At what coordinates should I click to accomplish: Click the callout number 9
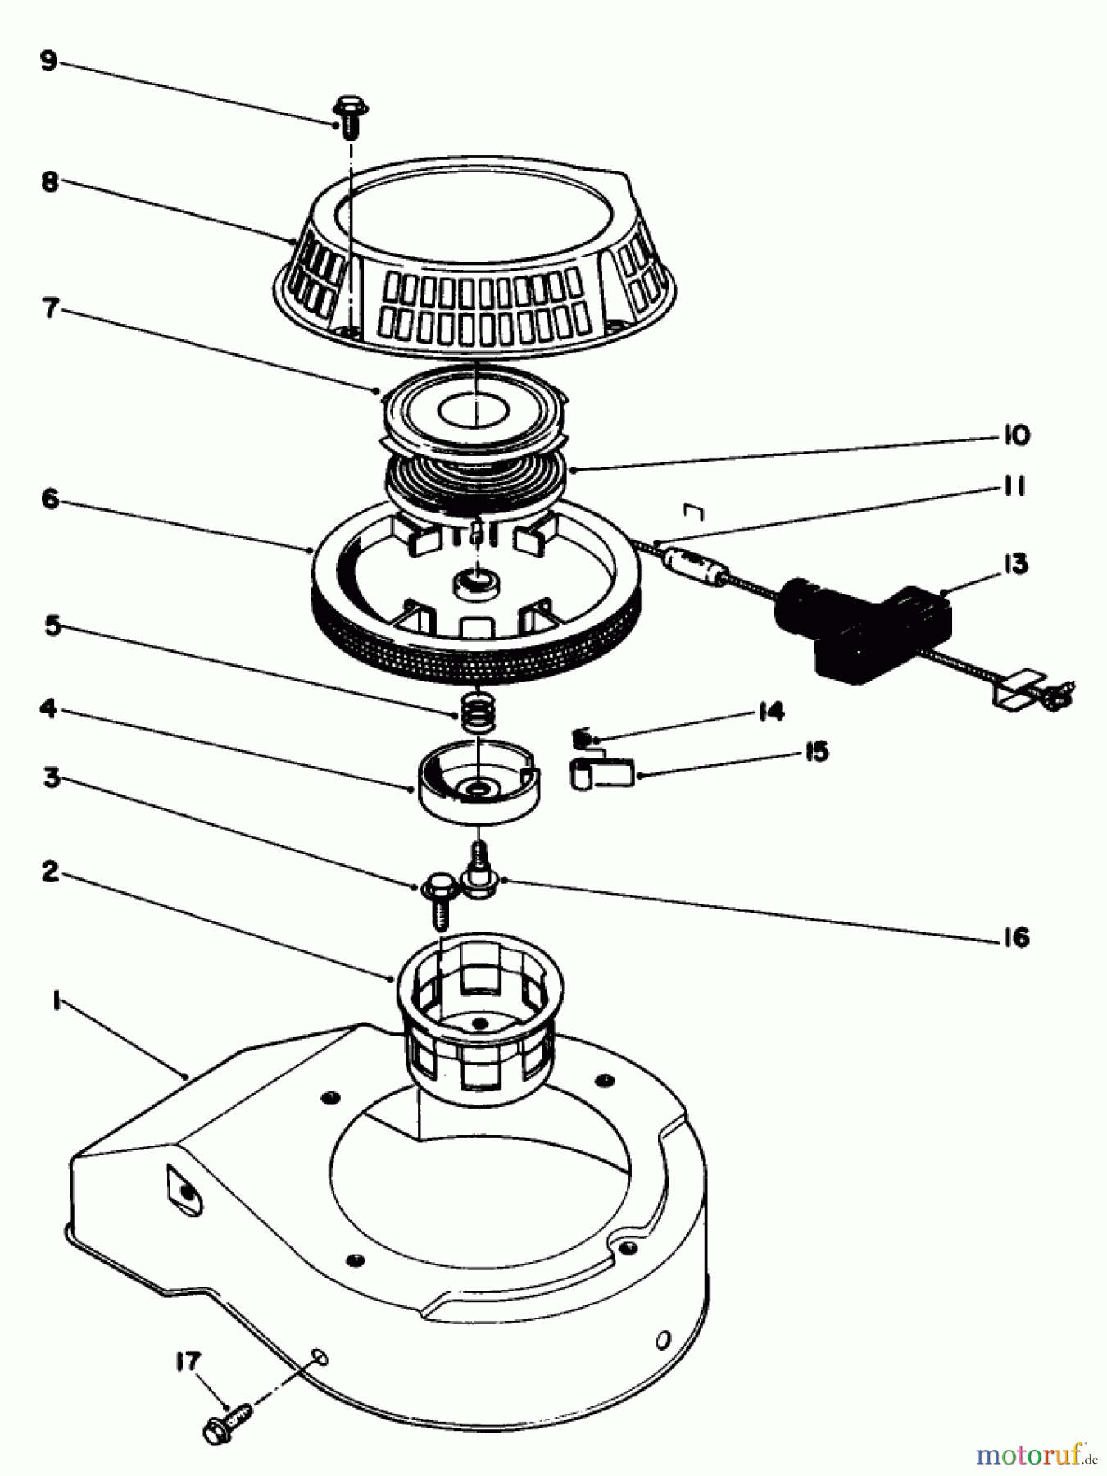(49, 61)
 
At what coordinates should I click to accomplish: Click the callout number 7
(51, 308)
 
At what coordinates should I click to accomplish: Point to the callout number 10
(1016, 435)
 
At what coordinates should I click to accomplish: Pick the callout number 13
(1015, 564)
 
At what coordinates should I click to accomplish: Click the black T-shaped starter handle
(860, 631)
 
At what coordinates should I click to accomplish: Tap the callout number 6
(51, 498)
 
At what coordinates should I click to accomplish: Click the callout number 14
(770, 711)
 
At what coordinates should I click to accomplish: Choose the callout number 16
(1016, 936)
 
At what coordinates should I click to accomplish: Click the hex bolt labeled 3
(436, 898)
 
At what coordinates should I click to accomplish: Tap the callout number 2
(51, 872)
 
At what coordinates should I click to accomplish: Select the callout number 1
(56, 1001)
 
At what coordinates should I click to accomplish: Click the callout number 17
(188, 1362)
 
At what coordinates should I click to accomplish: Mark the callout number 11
(1014, 486)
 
